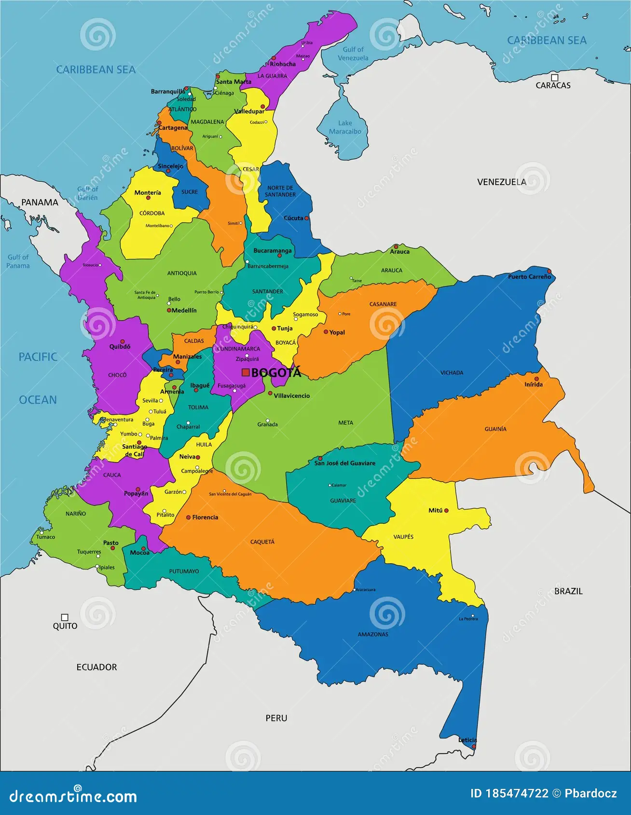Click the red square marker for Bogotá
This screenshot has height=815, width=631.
pyautogui.click(x=246, y=372)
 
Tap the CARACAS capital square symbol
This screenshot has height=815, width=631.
pyautogui.click(x=555, y=78)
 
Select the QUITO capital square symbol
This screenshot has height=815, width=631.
pyautogui.click(x=65, y=617)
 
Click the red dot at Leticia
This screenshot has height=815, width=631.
pyautogui.click(x=473, y=747)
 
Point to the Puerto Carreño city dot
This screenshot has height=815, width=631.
pyautogui.click(x=549, y=272)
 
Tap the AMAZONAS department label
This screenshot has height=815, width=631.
pyautogui.click(x=373, y=634)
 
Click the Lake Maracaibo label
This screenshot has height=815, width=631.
pyautogui.click(x=345, y=127)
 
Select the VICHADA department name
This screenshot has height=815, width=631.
pyautogui.click(x=452, y=373)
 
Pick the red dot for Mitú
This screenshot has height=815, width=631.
pyautogui.click(x=446, y=510)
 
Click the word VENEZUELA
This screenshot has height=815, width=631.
pyautogui.click(x=501, y=182)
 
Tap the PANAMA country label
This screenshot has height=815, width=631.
pyautogui.click(x=40, y=202)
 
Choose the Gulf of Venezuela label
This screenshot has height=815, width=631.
pyautogui.click(x=353, y=54)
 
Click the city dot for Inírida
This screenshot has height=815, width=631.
pyautogui.click(x=536, y=379)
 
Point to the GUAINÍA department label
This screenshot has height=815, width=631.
pyautogui.click(x=495, y=429)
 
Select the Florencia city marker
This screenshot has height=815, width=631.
pyautogui.click(x=189, y=517)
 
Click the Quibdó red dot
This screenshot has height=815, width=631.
pyautogui.click(x=123, y=341)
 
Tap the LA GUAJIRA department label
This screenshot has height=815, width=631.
pyautogui.click(x=272, y=76)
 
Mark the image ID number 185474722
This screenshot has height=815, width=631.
pyautogui.click(x=517, y=793)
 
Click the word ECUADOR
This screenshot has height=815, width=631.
pyautogui.click(x=96, y=667)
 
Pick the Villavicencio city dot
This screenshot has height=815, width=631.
pyautogui.click(x=270, y=393)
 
